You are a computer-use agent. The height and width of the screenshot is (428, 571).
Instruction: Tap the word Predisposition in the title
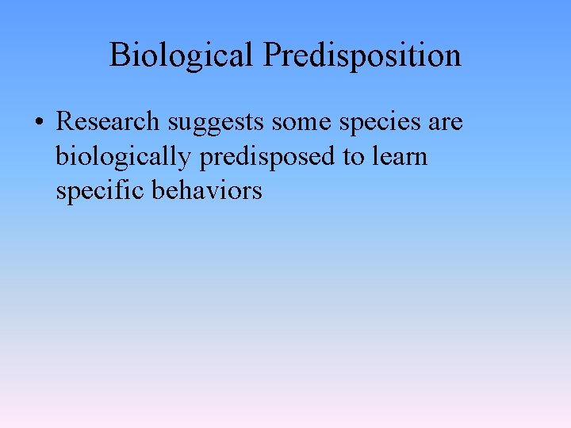click(362, 55)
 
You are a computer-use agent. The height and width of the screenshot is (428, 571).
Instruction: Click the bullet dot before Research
click(39, 124)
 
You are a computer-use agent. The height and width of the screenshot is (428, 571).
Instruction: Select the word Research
click(108, 122)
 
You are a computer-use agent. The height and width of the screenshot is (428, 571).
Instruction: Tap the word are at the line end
click(444, 124)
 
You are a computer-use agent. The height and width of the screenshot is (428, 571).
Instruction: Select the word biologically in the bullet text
click(124, 157)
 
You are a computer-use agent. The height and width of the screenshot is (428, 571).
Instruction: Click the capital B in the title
click(119, 55)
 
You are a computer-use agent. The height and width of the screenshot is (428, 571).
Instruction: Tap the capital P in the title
click(272, 55)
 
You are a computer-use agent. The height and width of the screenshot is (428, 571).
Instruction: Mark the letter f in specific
click(121, 190)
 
